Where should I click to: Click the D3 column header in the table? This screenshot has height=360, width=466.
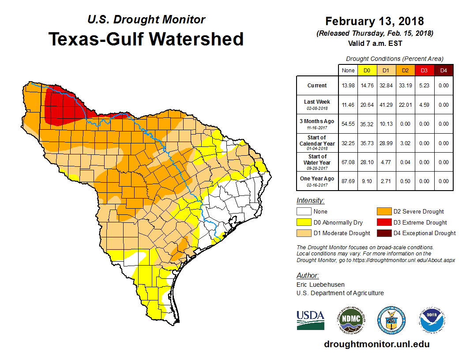tap(423, 70)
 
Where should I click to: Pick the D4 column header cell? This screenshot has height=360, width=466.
tap(443, 70)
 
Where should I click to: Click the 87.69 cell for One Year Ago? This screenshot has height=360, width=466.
tap(348, 181)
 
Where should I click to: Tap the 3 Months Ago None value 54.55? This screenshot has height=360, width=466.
tap(348, 124)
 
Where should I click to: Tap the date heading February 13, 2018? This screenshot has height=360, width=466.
tap(374, 21)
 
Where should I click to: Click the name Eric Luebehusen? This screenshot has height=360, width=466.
tap(320, 285)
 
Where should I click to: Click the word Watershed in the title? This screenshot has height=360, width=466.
tap(196, 39)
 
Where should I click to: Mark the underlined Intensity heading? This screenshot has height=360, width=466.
tap(310, 201)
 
